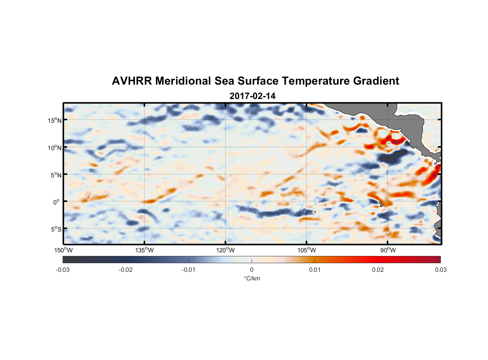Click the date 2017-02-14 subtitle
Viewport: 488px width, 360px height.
(252, 96)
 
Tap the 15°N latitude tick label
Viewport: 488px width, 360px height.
(55, 120)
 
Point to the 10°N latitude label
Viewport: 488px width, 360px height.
(55, 148)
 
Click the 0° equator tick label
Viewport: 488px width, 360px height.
(57, 202)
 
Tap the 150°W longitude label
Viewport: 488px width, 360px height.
(64, 250)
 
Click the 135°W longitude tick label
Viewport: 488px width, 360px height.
(145, 250)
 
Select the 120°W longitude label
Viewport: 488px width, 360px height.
(226, 250)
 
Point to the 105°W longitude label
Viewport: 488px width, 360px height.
(307, 250)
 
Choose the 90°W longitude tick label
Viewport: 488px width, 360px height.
(388, 250)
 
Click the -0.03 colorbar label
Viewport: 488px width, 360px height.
(63, 270)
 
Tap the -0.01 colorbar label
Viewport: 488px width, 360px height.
(189, 270)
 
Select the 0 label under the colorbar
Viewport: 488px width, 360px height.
(252, 270)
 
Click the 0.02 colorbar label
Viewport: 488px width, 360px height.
(378, 270)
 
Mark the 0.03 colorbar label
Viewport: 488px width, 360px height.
(440, 270)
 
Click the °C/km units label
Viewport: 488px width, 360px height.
(252, 278)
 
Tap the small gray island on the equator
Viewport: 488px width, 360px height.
(381, 204)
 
